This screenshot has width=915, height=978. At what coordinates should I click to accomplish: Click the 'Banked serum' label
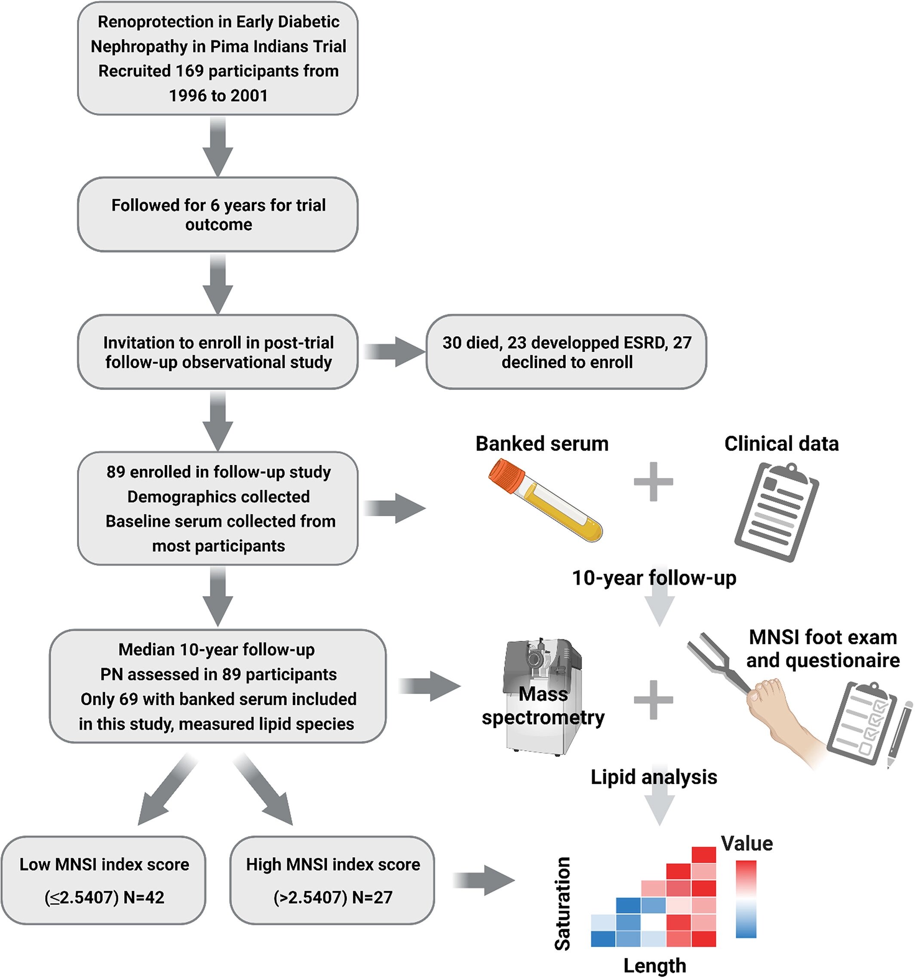(x=542, y=443)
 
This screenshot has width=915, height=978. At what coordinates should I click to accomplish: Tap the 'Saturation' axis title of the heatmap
(x=562, y=903)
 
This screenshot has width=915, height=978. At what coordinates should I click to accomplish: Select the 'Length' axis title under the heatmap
(x=654, y=965)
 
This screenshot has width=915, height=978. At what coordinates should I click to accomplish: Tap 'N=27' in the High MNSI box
(x=372, y=897)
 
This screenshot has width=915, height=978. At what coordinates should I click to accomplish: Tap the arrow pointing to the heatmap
(x=484, y=880)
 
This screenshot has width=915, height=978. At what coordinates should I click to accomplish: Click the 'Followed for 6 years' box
(x=218, y=215)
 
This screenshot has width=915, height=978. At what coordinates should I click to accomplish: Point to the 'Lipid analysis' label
(x=654, y=777)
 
